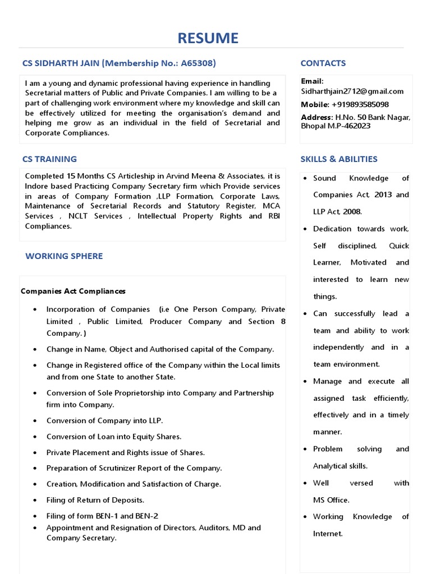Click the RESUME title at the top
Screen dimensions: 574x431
(x=208, y=38)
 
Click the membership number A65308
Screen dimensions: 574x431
(x=196, y=63)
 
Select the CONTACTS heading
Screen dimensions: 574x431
(x=323, y=63)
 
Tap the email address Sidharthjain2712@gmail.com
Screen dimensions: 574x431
(x=352, y=91)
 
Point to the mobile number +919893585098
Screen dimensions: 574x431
(x=360, y=104)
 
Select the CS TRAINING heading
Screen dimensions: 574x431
(x=49, y=159)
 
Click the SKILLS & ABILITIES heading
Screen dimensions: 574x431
(x=338, y=159)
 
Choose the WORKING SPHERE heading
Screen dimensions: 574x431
(x=64, y=256)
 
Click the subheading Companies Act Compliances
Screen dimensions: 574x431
(x=73, y=291)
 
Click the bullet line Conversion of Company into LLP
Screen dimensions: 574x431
(x=104, y=420)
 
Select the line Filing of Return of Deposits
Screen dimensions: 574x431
(x=95, y=499)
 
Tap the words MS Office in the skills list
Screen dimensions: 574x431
(x=331, y=499)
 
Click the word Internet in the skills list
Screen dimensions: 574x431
(x=327, y=534)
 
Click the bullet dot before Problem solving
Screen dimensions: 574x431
(x=304, y=449)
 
